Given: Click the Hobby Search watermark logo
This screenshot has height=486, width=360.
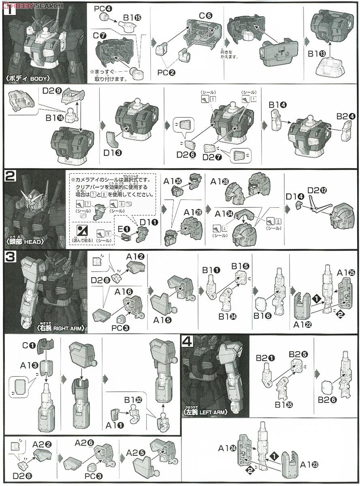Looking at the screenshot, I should click(x=32, y=5).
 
